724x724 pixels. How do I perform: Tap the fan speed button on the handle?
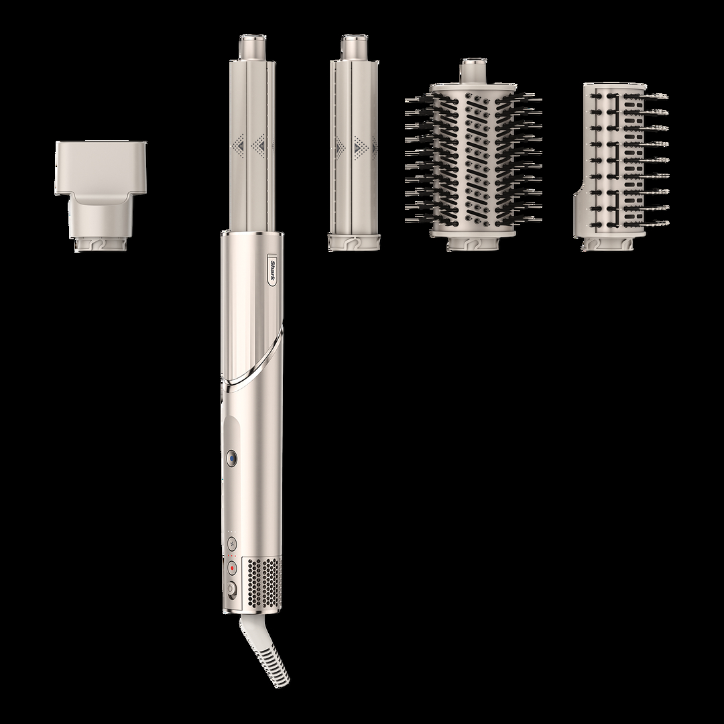tap(231, 542)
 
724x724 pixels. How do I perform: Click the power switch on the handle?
tap(232, 588)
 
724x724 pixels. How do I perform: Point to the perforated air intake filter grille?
tap(261, 585)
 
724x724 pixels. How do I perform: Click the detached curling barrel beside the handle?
tap(354, 143)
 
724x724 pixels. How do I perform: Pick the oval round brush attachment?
tap(473, 155)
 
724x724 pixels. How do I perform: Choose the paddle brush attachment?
tap(621, 167)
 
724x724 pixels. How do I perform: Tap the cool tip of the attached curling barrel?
tap(251, 47)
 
